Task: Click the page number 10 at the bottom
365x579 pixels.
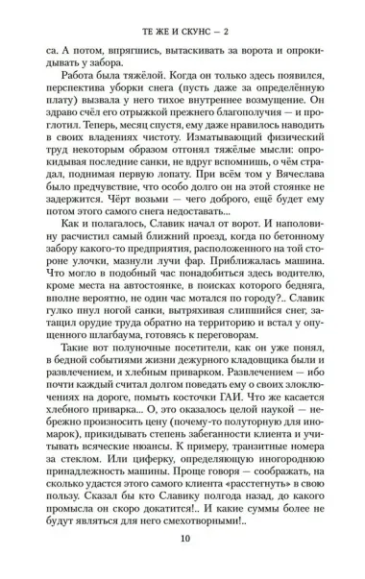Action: pos(183,538)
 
